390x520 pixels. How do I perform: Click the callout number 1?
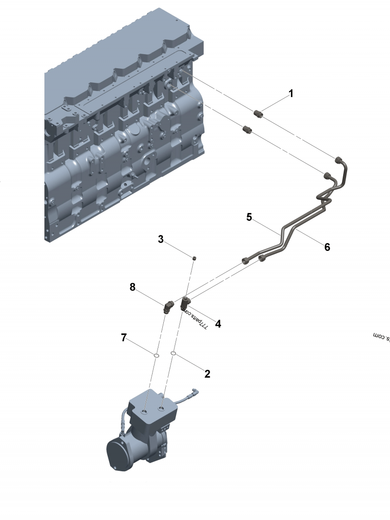coord(291,94)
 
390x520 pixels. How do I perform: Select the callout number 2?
coord(207,374)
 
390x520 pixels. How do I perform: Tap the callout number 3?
coord(161,239)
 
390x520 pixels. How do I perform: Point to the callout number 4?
coord(218,323)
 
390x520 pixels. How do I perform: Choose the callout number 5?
coord(249,217)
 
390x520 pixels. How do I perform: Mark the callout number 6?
coord(327,247)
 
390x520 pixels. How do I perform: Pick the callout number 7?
coord(124,337)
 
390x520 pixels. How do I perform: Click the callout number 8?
coord(133,287)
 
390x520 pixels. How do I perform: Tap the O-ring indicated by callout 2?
coord(174,352)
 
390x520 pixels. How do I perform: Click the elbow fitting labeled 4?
coord(186,303)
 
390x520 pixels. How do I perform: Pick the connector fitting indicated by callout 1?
coord(259,115)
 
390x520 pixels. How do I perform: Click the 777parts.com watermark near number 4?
coord(197,319)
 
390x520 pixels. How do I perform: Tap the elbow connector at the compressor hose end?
coord(195,391)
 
